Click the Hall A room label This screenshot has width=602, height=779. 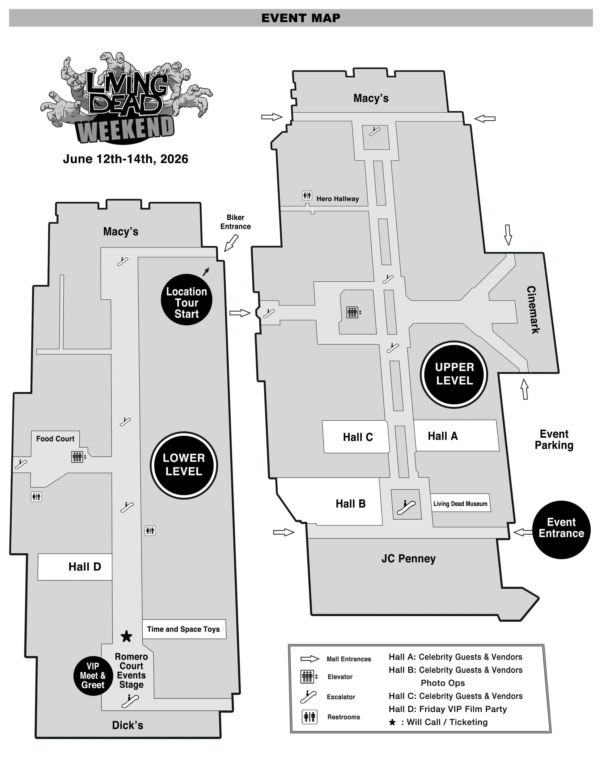click(x=443, y=436)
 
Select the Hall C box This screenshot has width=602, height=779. click(x=356, y=437)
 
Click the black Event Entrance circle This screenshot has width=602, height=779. click(x=561, y=530)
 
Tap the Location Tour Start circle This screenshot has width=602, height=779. click(x=187, y=300)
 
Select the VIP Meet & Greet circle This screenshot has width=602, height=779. click(x=93, y=676)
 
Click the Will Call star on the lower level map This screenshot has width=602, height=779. click(x=127, y=636)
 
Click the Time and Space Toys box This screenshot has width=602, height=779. click(x=184, y=629)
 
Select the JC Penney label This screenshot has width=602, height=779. click(x=409, y=558)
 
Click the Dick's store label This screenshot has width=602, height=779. click(x=128, y=725)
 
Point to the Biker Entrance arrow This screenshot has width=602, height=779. click(x=231, y=243)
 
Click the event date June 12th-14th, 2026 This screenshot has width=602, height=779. click(x=126, y=159)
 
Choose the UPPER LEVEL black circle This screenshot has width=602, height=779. click(x=454, y=374)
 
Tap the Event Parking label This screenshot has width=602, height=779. click(x=554, y=440)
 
